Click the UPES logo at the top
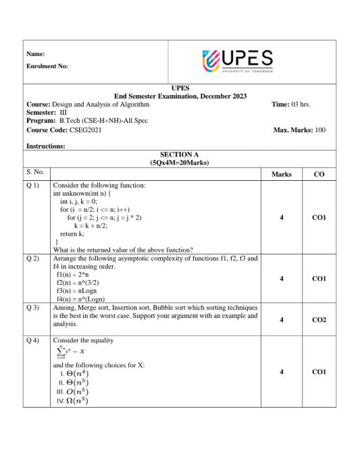tap(237, 60)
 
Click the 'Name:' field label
tap(35, 53)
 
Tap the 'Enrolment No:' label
tap(47, 66)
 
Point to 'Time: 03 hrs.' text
tap(290, 105)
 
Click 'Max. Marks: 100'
tap(299, 130)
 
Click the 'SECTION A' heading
tap(180, 155)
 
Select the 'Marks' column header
tap(281, 174)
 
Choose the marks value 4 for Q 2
tap(281, 278)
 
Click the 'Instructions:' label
tap(45, 146)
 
